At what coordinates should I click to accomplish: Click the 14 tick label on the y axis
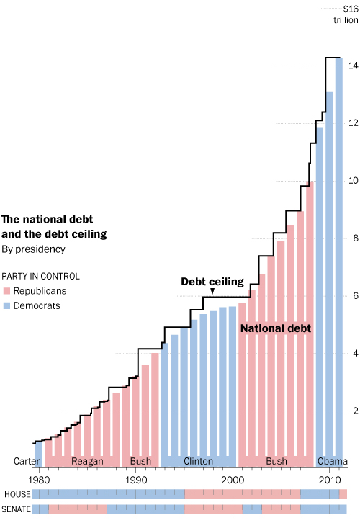(x=353, y=66)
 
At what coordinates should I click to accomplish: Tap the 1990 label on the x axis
(x=136, y=479)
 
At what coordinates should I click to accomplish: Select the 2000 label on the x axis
(x=233, y=479)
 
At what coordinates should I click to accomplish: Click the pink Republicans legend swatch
(x=6, y=291)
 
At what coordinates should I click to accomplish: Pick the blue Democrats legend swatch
(x=6, y=305)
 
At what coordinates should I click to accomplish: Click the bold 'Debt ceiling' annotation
(x=212, y=281)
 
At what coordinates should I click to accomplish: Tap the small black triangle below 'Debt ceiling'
(x=212, y=291)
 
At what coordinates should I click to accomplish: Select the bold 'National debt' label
(x=275, y=328)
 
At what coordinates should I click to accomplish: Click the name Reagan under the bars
(x=87, y=462)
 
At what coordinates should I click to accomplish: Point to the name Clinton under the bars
(x=199, y=462)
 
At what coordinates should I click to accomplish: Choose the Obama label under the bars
(x=332, y=462)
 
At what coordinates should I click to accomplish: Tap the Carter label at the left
(x=27, y=462)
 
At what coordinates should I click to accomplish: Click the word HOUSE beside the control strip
(x=16, y=494)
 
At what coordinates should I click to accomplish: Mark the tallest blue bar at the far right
(x=339, y=259)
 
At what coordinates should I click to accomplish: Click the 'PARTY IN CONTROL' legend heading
(x=40, y=276)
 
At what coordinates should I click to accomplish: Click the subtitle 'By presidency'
(x=33, y=249)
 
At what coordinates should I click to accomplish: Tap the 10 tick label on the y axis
(x=353, y=181)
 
